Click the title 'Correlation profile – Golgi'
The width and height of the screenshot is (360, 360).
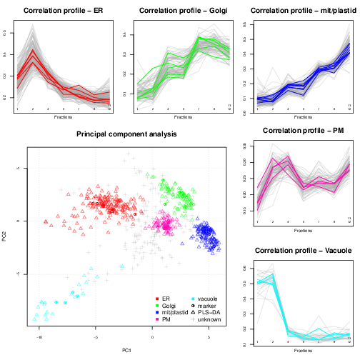point(182,11)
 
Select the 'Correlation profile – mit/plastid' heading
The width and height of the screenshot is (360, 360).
point(301,11)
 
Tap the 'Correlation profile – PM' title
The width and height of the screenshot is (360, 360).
point(301,131)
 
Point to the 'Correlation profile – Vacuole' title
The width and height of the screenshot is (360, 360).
point(301,251)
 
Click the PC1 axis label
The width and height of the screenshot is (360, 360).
point(124,349)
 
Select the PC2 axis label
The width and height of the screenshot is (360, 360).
point(6,236)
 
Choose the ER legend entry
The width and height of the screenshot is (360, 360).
point(166,298)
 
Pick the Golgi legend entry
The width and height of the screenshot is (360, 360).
point(169,305)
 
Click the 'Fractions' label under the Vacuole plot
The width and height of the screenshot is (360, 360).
point(301,356)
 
